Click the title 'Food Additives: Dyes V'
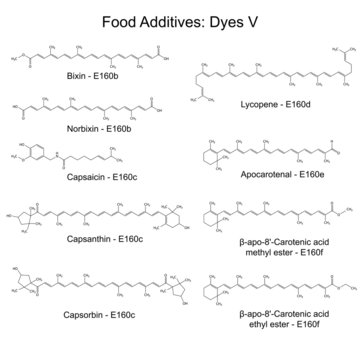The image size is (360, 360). [180, 17]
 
